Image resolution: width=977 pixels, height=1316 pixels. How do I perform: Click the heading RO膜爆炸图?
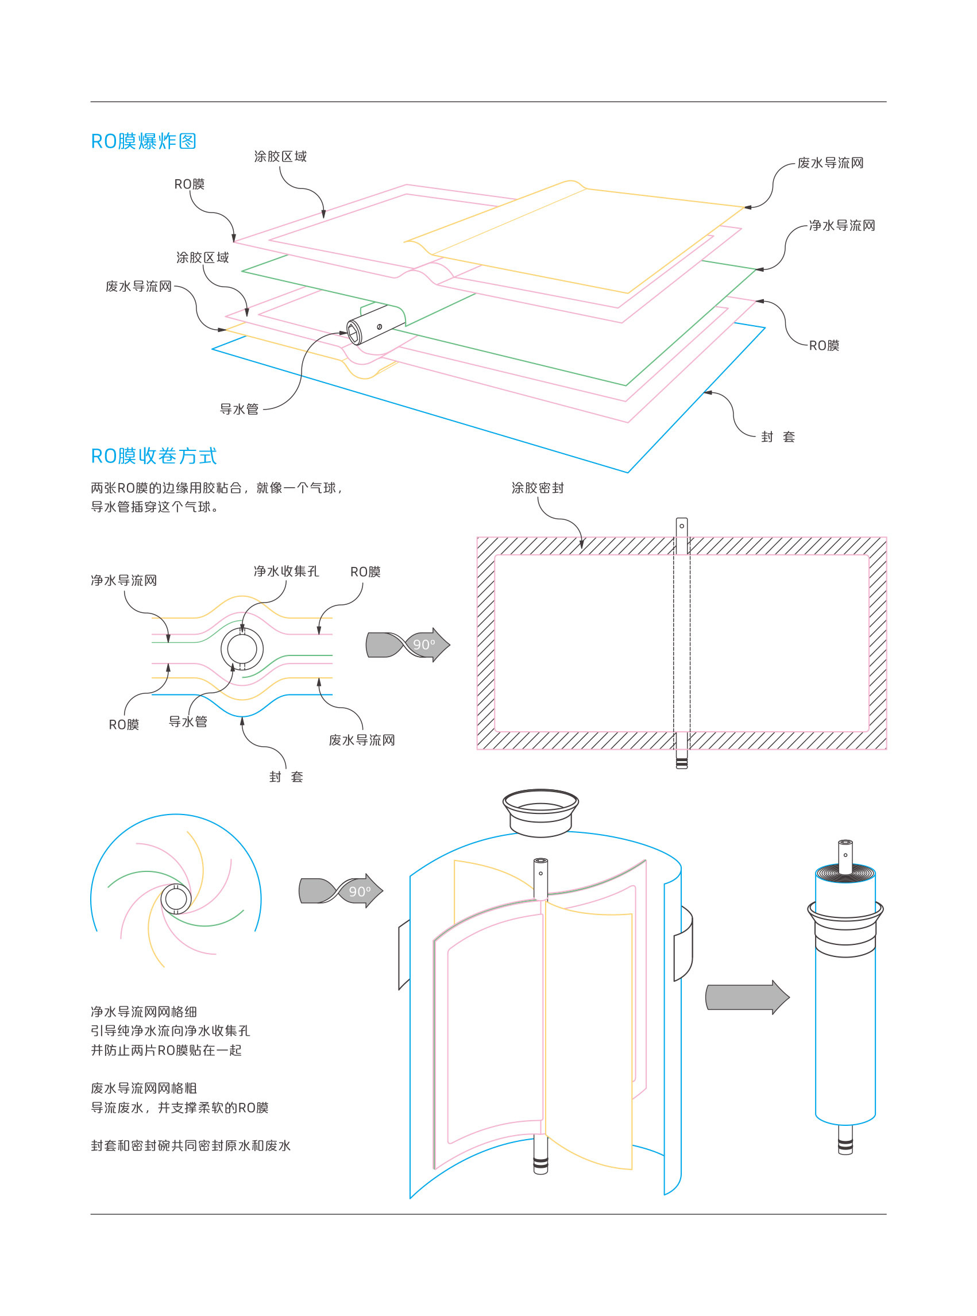point(143,141)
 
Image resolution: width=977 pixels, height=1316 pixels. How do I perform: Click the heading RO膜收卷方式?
point(154,456)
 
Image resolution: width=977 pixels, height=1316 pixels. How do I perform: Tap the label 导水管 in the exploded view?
point(239,410)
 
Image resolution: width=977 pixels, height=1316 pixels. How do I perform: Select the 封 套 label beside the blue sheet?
point(778,437)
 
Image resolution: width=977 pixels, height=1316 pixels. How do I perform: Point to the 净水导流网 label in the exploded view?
point(841,225)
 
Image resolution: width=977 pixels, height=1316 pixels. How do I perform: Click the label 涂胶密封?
point(537,488)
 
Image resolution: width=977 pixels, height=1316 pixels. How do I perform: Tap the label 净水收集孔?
point(286,572)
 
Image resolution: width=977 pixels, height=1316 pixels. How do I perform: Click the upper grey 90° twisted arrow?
point(408,645)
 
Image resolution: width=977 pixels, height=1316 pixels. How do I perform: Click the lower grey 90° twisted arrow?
point(341,891)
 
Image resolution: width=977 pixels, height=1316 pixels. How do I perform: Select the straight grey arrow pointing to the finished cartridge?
point(747,998)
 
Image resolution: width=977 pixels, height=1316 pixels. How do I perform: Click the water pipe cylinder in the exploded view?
point(375,324)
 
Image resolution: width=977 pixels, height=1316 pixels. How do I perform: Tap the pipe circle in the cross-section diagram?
point(242,649)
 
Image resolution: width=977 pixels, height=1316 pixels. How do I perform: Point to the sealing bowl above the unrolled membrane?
point(540,812)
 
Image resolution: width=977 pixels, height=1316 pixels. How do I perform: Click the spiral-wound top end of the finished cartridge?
point(845,873)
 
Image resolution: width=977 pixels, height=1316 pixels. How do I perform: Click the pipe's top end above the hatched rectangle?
point(681,526)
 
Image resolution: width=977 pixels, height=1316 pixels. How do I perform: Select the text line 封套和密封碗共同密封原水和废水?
point(191,1145)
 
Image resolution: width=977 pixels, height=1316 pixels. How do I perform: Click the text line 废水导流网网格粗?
point(144,1089)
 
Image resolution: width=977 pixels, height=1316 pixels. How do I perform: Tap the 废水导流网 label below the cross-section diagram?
point(362,740)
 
